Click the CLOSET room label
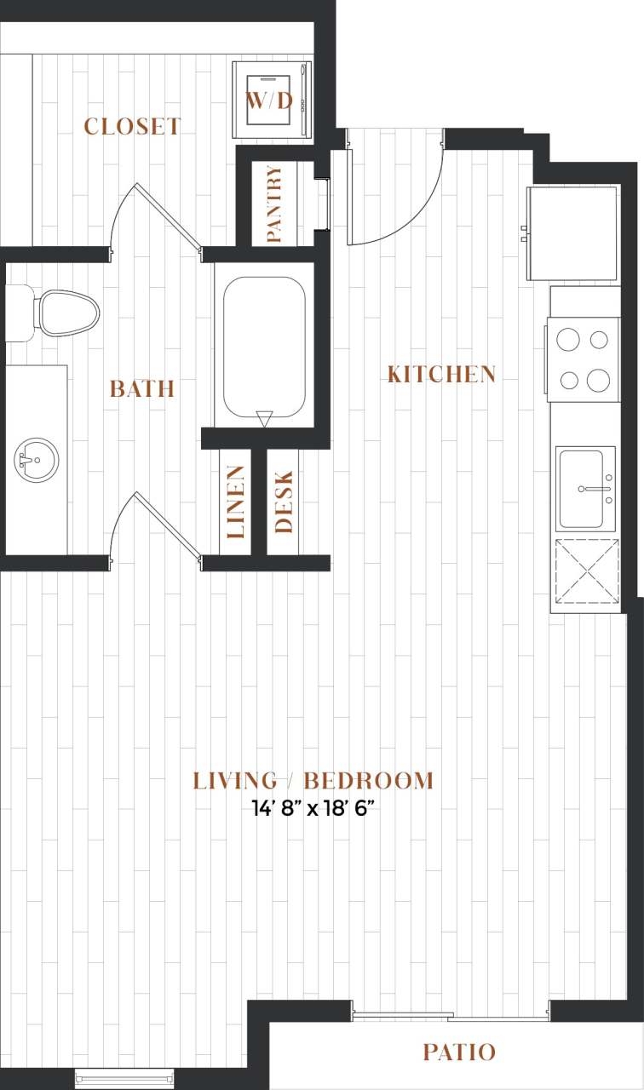[132, 127]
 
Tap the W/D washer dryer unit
[269, 100]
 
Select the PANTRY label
[274, 204]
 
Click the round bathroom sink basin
[36, 460]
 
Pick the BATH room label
[142, 389]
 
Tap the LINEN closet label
[235, 502]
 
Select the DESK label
[284, 502]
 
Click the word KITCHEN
[441, 374]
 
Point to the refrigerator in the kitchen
[572, 232]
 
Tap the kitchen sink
[585, 489]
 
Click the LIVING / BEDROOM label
[313, 781]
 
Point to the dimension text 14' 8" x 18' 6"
[313, 808]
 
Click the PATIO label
[459, 1053]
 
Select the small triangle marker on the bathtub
[264, 417]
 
